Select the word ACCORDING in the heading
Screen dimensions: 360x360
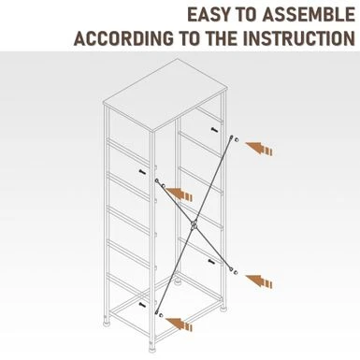tap(124, 38)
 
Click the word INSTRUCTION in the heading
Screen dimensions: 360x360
tap(299, 38)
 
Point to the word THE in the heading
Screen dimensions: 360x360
tap(222, 38)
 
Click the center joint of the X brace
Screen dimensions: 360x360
tap(194, 225)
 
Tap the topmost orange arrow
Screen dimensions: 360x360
tap(259, 149)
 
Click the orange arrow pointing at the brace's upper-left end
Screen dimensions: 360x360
tap(179, 194)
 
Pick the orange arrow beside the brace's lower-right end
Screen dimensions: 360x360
tap(259, 281)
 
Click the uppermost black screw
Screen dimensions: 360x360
tap(214, 129)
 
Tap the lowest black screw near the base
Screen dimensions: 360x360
tap(142, 304)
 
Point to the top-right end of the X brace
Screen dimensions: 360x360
tap(232, 137)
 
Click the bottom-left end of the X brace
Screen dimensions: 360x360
tap(156, 312)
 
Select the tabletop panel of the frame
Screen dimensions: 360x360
tap(165, 94)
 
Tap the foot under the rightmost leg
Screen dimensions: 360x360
tap(223, 310)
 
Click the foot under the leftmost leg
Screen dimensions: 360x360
tap(107, 320)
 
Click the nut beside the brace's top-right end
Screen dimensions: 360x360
tap(237, 139)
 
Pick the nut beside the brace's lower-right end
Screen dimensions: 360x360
tap(236, 273)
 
